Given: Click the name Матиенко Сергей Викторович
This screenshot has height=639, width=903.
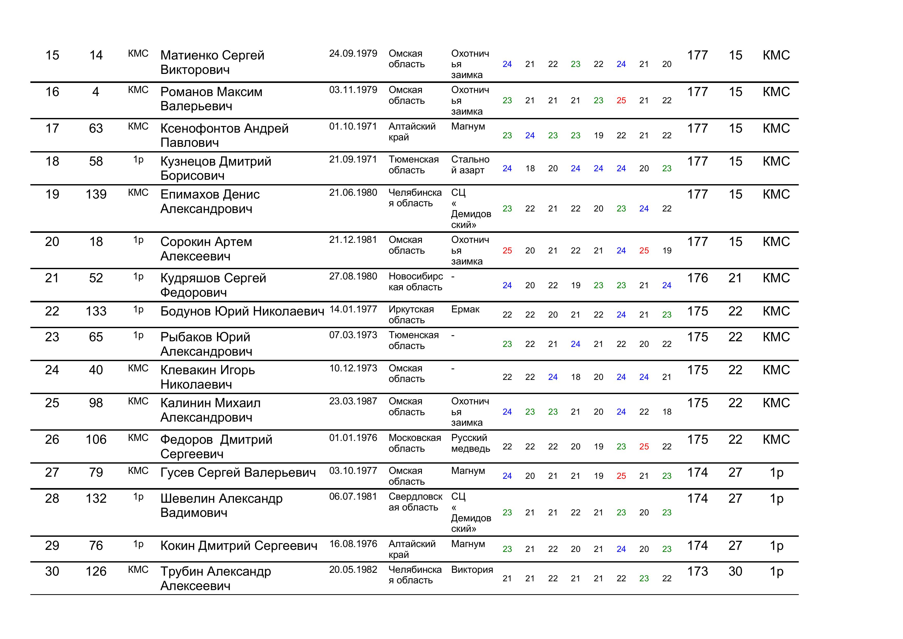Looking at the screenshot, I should pos(212,62).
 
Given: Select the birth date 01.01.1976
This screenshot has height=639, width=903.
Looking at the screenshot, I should pos(353,438).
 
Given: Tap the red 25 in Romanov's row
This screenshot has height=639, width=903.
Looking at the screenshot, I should pos(621,100).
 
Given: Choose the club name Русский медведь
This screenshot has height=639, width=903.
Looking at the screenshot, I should pos(470,443).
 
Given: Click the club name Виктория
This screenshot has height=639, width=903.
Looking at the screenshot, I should pos(472,569).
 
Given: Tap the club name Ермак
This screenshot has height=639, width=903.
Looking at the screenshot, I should pos(465,309).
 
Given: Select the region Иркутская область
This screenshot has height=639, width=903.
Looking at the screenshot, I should pos(411,314).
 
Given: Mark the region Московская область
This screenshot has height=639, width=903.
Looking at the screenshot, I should pos(414,443).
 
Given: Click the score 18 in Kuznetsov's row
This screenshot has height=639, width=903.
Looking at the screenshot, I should pos(530,168).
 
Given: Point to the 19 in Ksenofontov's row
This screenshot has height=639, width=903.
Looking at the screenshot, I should pos(598,135).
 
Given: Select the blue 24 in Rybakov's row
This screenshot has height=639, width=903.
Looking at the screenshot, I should pos(575,344).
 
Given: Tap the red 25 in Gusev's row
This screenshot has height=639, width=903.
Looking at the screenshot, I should pos(621,476).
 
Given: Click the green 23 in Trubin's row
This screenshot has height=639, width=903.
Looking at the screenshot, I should pos(644,578).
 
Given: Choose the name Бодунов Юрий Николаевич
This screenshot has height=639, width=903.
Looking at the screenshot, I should pos(242,311).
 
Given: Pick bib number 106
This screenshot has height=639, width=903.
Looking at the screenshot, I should pos(96,439).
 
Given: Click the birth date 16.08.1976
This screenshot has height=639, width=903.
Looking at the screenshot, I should pos(353,544).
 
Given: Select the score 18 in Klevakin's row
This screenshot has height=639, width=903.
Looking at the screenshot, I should pos(575,377).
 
